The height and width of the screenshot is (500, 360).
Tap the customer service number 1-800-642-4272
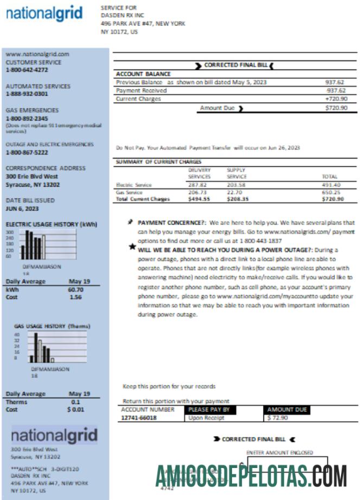tap(27, 70)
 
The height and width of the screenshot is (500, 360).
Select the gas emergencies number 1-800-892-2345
tap(27, 118)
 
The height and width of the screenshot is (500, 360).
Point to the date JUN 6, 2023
tap(22, 208)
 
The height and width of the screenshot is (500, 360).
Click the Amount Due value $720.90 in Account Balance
tap(336, 108)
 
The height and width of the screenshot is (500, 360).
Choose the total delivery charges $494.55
tap(199, 199)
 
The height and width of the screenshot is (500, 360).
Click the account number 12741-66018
tap(139, 418)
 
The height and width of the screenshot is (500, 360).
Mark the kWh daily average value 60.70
tap(76, 290)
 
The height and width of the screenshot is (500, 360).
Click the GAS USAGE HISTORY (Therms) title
tap(52, 326)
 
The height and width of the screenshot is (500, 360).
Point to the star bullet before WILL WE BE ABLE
tap(132, 247)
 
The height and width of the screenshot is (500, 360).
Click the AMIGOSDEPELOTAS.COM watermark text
tap(251, 476)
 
